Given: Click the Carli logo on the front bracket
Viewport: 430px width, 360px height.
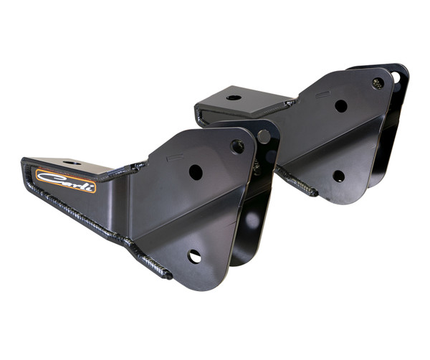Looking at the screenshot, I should click(x=65, y=181).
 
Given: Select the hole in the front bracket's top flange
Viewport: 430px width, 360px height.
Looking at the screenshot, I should click(x=72, y=164).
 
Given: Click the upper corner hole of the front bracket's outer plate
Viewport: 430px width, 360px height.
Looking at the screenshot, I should click(x=237, y=146).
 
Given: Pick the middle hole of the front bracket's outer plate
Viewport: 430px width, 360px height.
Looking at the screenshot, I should click(x=196, y=172).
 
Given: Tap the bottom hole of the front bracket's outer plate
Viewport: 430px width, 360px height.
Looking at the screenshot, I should click(x=194, y=256).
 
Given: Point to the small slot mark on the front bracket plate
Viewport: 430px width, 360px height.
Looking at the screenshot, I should click(x=170, y=155).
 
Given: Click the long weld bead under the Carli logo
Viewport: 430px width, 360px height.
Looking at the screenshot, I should click(x=79, y=212).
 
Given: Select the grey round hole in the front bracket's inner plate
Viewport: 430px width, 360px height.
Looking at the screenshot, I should click(x=264, y=136).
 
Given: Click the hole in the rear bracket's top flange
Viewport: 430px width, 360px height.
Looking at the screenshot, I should click(x=234, y=96).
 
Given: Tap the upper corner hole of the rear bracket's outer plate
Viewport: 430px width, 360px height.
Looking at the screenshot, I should click(x=378, y=83).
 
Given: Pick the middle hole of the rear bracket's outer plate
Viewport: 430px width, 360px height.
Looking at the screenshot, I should click(x=341, y=106).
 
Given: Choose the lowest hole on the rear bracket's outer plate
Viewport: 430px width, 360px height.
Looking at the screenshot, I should click(x=339, y=176).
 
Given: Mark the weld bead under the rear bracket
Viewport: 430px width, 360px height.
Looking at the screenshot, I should click(x=297, y=183).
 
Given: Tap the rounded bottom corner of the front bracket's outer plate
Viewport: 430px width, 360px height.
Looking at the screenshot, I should click(x=208, y=284).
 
